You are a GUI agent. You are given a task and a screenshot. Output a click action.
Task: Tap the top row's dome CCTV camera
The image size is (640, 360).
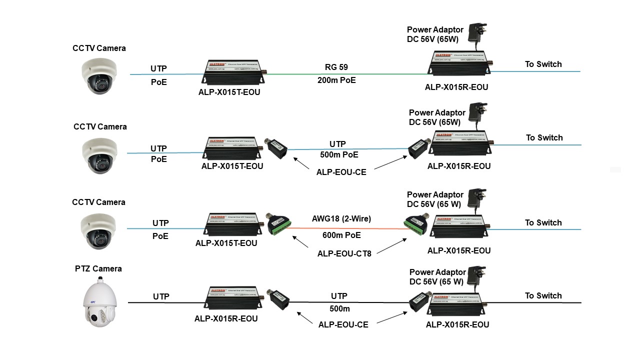[x=99, y=74]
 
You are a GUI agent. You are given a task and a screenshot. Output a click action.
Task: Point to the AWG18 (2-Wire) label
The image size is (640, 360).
[x=341, y=218]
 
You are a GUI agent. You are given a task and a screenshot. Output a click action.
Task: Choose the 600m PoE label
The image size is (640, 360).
[x=341, y=235]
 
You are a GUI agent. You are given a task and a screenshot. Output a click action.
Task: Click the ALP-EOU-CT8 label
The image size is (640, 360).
[x=344, y=253]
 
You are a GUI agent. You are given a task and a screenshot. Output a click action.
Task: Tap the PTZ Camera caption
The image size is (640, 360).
[x=98, y=269]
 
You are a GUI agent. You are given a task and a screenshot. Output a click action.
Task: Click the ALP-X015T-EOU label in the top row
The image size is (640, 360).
[x=229, y=92]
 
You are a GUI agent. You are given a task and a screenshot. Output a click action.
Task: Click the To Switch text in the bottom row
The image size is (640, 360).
[x=543, y=296]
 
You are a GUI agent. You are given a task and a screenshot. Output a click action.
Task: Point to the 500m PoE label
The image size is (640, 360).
[x=339, y=154]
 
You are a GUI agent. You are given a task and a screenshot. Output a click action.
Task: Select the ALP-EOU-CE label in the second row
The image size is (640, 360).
[x=341, y=172]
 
